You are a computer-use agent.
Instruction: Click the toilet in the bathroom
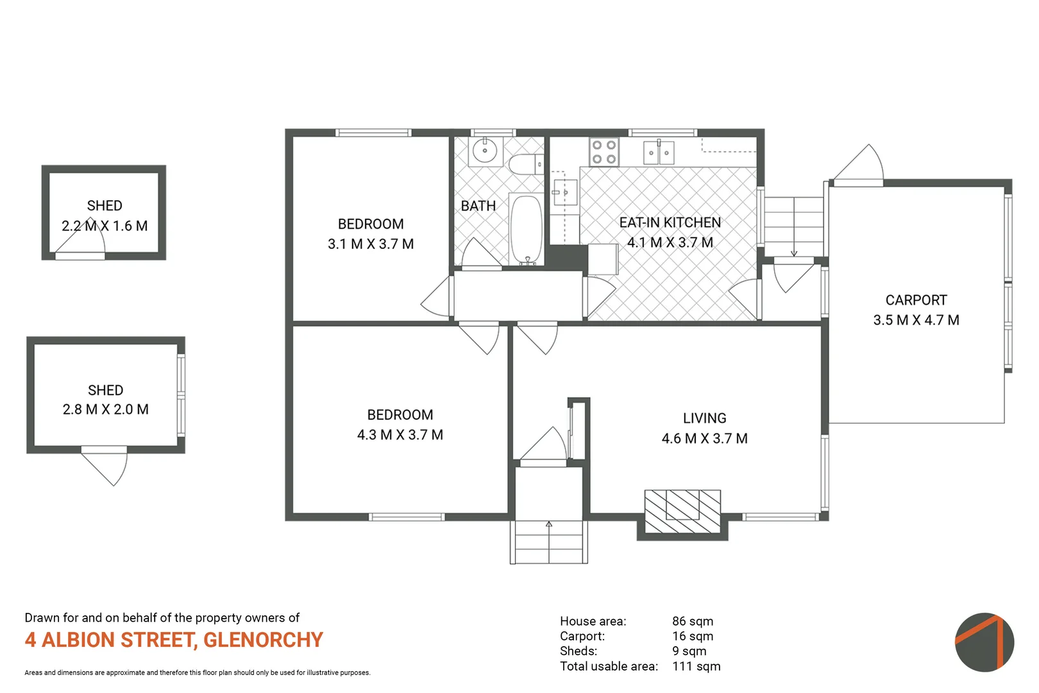click(525, 164)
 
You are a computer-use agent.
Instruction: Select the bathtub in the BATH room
click(527, 230)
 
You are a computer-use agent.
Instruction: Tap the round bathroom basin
click(484, 152)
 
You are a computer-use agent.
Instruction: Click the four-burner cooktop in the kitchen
click(604, 152)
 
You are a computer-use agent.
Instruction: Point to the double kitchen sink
click(659, 153)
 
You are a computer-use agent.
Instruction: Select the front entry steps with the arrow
click(549, 542)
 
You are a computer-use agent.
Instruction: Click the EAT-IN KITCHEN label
click(670, 223)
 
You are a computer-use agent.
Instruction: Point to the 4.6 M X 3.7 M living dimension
click(704, 438)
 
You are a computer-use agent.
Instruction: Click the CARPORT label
click(916, 300)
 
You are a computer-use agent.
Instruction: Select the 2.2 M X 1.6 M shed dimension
click(105, 226)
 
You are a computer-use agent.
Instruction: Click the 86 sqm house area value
click(692, 621)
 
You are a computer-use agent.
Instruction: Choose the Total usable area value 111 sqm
click(696, 666)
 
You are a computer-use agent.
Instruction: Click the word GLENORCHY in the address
click(263, 640)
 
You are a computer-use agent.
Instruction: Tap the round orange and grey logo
click(984, 642)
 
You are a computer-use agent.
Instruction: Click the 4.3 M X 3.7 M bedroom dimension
click(400, 435)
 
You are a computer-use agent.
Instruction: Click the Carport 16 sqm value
click(692, 636)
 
